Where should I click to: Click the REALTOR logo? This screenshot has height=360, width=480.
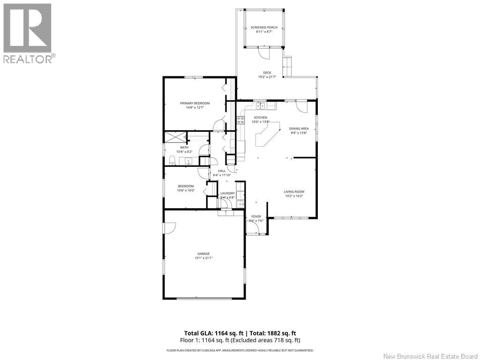(x=28, y=33)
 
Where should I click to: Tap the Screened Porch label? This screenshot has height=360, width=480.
(x=264, y=28)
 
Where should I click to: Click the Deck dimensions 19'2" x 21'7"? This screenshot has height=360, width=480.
(x=267, y=77)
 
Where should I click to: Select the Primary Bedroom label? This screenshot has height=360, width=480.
(x=195, y=103)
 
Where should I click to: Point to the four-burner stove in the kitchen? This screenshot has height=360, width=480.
(x=242, y=120)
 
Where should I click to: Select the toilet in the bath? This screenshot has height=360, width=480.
(x=172, y=161)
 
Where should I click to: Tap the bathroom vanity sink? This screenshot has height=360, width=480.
(x=188, y=161)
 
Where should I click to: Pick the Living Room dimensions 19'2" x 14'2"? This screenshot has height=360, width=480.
(x=294, y=196)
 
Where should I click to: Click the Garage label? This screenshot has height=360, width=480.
(x=203, y=254)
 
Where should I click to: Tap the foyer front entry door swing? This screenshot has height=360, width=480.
(x=255, y=228)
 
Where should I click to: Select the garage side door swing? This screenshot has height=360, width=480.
(x=169, y=227)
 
